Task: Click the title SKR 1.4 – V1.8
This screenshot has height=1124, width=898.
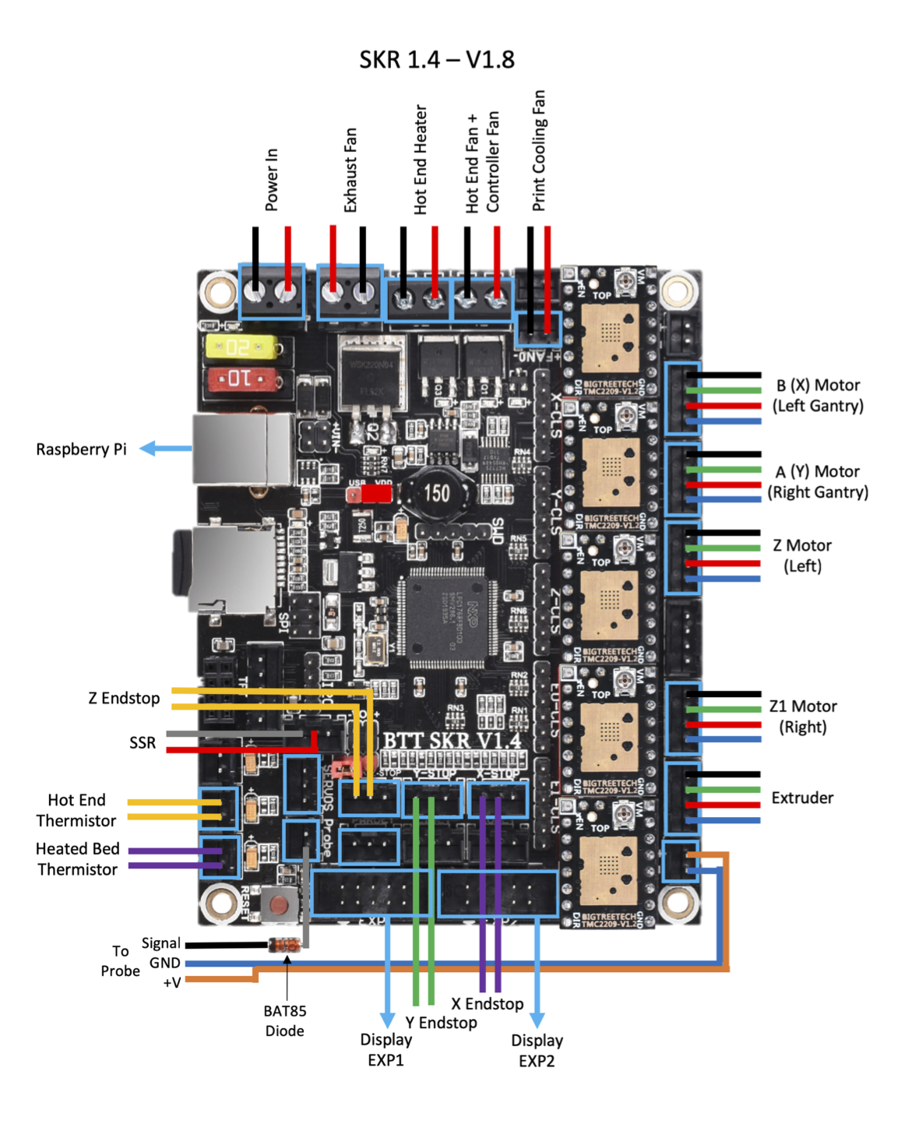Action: [x=436, y=60]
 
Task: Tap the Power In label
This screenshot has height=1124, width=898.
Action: [x=271, y=180]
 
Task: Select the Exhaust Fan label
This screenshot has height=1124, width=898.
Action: [x=350, y=171]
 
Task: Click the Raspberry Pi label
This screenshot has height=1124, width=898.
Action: [x=81, y=449]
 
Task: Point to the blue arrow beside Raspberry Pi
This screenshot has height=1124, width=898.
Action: [x=165, y=449]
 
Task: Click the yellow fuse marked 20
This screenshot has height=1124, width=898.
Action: [x=240, y=347]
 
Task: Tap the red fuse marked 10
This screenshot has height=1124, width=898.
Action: [x=241, y=379]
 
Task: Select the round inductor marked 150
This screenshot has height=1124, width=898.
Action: [x=435, y=492]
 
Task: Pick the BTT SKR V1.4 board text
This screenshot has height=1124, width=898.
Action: [x=452, y=741]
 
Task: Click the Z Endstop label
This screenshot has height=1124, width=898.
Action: [x=124, y=698]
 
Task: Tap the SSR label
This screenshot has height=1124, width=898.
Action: [x=143, y=743]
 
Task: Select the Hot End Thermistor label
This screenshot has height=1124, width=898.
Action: [x=76, y=810]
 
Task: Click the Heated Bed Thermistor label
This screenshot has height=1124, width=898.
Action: [x=78, y=859]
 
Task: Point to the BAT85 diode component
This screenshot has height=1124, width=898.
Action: [x=284, y=946]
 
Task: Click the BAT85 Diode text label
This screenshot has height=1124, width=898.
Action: [x=285, y=1021]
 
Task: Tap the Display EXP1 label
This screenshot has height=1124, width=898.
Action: [x=386, y=1050]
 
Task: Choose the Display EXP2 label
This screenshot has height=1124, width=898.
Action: [x=537, y=1051]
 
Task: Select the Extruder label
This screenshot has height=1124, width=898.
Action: [x=802, y=798]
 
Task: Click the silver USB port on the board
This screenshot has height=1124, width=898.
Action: [x=241, y=449]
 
